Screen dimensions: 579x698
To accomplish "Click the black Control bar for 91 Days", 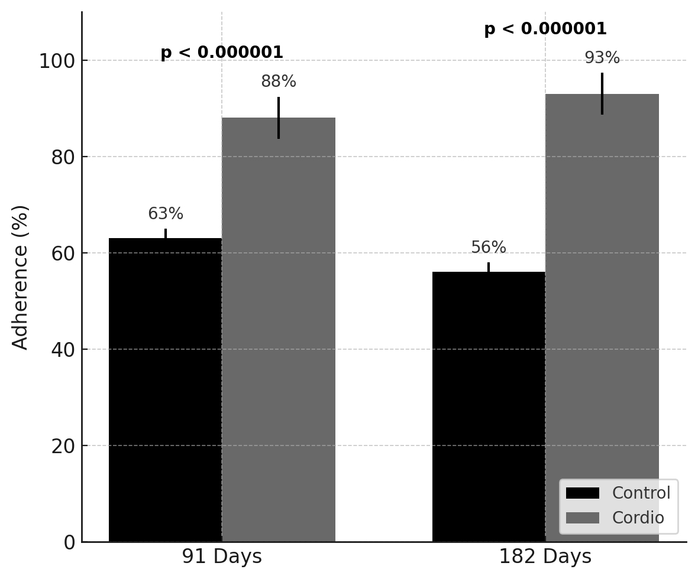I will (165, 390).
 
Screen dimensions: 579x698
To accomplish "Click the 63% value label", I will (166, 214).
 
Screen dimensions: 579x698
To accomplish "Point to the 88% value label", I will (279, 82).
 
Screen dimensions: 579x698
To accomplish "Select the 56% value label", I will (489, 248).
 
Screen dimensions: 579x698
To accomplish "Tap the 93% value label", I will (602, 58).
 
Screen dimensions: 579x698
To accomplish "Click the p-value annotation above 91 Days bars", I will (222, 53).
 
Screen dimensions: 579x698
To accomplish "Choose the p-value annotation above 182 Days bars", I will (545, 29).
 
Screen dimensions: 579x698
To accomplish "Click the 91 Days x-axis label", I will (222, 557).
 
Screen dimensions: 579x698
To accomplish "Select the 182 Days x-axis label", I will (545, 557).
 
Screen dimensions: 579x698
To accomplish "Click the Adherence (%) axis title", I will (21, 277).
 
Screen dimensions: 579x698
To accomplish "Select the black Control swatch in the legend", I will (583, 493).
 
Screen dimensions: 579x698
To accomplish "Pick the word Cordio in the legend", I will (638, 518).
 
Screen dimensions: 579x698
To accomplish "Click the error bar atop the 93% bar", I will (602, 93).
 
